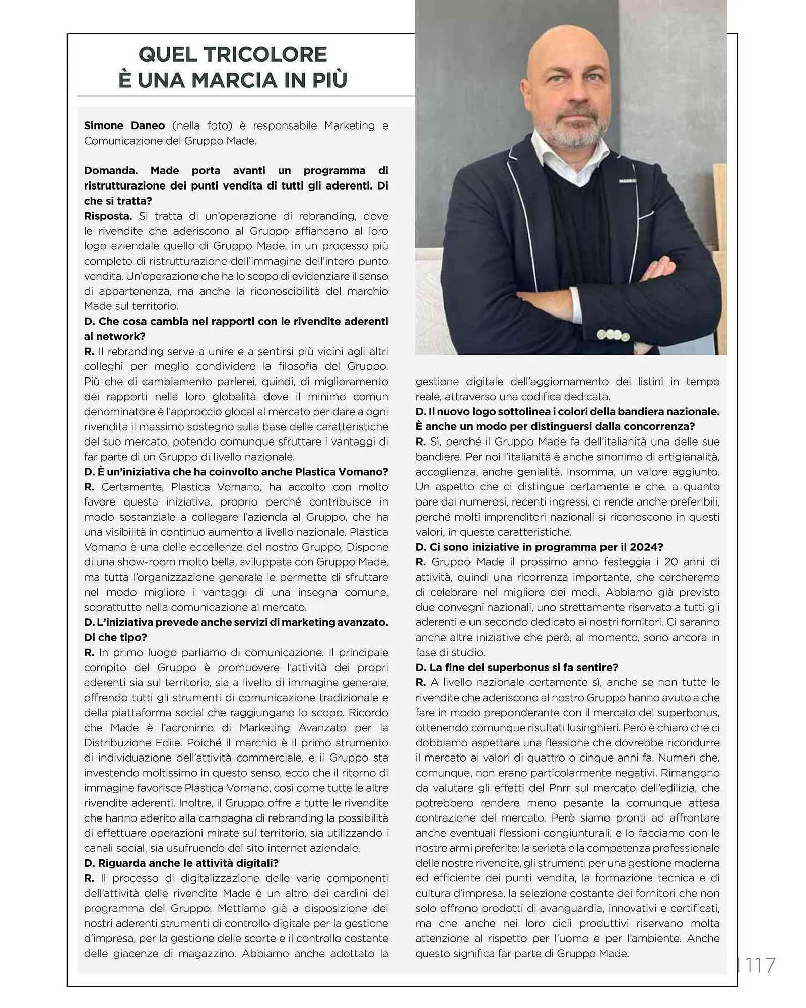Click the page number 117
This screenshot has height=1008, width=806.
[x=760, y=965]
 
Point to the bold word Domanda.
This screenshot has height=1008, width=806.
[x=110, y=171]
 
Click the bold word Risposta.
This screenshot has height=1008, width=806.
[x=108, y=216]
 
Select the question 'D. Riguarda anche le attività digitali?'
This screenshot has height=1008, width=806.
[x=181, y=863]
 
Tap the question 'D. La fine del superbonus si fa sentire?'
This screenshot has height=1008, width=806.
[x=516, y=667]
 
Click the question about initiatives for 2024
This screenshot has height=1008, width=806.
[x=539, y=547]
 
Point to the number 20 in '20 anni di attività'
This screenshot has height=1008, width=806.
[x=671, y=562]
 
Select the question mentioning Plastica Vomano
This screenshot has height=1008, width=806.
[x=236, y=472]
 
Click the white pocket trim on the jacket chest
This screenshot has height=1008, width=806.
[x=646, y=217]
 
